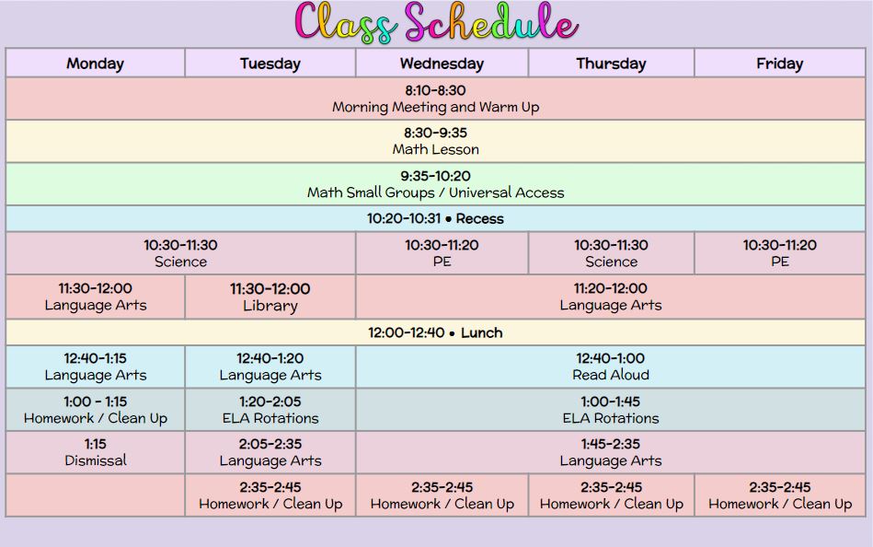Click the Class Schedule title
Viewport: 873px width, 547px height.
point(436,23)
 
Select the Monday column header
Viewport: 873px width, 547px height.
point(95,63)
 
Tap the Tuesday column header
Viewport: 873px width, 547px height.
point(270,63)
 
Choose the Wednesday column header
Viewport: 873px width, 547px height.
point(442,63)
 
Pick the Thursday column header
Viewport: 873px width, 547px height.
point(612,63)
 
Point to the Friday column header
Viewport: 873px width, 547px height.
point(780,63)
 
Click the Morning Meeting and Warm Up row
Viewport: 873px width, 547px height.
point(435,99)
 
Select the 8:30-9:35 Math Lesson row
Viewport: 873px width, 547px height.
point(435,141)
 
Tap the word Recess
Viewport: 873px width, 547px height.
point(479,218)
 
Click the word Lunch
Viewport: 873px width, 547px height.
point(482,332)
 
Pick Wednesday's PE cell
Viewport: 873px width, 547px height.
point(442,253)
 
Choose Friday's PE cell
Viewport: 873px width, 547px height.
point(780,253)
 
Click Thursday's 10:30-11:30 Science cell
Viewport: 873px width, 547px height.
point(612,253)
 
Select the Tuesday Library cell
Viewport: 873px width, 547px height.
point(270,297)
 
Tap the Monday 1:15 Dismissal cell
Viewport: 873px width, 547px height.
point(95,452)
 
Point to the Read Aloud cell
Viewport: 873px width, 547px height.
point(611,367)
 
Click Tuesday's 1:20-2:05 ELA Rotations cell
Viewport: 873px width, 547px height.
point(270,410)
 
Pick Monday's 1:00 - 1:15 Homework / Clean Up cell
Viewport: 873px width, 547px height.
point(95,410)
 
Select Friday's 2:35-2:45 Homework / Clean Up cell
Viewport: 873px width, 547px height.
point(780,495)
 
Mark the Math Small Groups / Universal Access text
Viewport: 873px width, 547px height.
point(435,193)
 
